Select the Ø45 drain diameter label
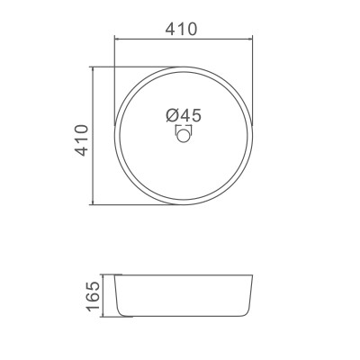click(183, 115)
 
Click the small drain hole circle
click(184, 135)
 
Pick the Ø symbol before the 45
click(170, 115)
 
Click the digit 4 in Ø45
click(183, 115)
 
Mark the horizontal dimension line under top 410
click(184, 38)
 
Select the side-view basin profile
click(184, 294)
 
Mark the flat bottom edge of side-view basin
click(184, 316)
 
